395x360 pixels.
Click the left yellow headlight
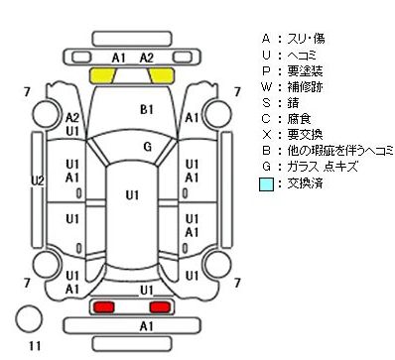click(102, 75)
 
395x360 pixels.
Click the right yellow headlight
click(162, 75)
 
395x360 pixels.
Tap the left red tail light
click(104, 306)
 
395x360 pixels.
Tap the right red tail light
click(160, 306)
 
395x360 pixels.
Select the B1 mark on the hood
click(147, 109)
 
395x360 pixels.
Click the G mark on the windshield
click(148, 147)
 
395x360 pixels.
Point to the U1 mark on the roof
click(132, 195)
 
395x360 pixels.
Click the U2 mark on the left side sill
click(38, 180)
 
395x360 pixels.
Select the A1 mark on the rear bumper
click(146, 326)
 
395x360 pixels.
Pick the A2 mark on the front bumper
click(147, 58)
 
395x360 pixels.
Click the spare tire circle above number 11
click(29, 318)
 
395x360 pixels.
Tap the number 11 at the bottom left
click(35, 346)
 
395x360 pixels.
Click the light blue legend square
click(266, 184)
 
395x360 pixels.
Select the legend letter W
click(266, 87)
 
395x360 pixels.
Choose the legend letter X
click(266, 135)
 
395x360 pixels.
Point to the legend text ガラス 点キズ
click(323, 167)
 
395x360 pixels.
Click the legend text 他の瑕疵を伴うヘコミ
click(340, 151)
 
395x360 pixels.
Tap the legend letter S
click(266, 103)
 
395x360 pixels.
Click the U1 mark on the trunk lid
click(147, 291)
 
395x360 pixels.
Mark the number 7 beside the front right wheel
click(237, 92)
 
